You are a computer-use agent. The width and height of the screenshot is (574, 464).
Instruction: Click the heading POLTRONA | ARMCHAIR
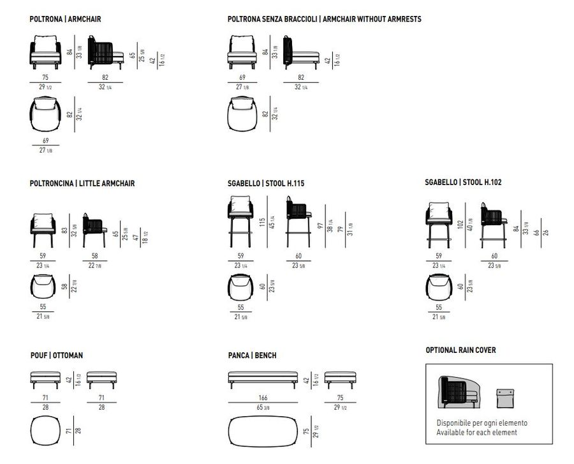(x=65, y=20)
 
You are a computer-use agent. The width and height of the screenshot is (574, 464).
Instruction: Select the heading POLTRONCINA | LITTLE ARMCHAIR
(x=82, y=184)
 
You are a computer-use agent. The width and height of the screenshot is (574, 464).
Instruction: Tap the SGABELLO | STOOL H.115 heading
(x=266, y=184)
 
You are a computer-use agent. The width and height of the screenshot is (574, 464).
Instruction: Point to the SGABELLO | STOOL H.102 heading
(x=464, y=182)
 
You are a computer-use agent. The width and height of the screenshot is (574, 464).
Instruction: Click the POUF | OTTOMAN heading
(x=56, y=355)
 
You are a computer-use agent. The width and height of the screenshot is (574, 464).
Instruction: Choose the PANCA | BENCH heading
(x=252, y=355)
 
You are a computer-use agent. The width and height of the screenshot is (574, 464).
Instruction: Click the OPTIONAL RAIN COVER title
(x=460, y=350)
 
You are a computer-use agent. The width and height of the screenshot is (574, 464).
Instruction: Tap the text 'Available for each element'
(x=476, y=433)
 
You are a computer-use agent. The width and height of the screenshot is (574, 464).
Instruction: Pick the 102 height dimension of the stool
(x=459, y=224)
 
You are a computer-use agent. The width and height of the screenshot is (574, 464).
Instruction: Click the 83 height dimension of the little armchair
(x=64, y=225)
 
